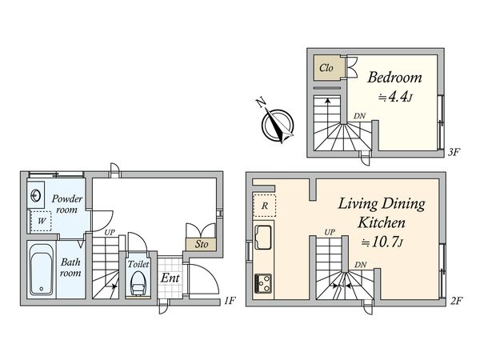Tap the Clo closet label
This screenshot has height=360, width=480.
[326, 68]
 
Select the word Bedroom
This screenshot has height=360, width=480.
[394, 78]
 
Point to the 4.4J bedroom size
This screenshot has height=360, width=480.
[394, 97]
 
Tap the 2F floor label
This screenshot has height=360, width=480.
[456, 301]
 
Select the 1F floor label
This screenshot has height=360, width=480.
[230, 301]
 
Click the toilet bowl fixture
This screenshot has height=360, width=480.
[137, 281]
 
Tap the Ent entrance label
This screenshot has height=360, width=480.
[170, 278]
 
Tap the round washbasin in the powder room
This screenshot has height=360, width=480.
[37, 194]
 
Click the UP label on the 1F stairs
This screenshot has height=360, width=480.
[109, 233]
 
